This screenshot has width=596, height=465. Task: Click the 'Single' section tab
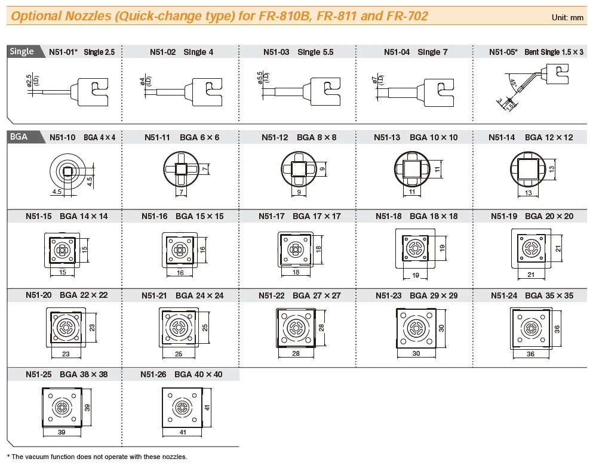(21, 51)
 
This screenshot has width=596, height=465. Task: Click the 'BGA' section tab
(19, 137)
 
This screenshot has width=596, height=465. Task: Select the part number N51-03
(276, 52)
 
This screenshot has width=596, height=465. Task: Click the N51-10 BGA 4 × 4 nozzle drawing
(69, 172)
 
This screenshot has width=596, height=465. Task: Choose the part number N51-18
(389, 216)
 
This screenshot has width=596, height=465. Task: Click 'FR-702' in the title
(407, 16)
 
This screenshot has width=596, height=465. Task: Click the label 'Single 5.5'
(316, 52)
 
